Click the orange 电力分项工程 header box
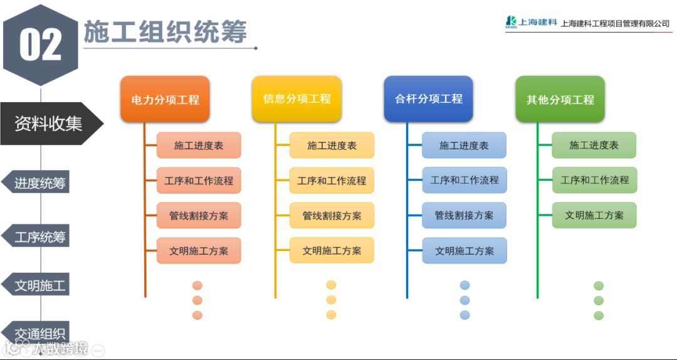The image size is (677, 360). coord(165,99)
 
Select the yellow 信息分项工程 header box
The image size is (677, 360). coord(297,99)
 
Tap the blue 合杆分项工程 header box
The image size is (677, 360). coord(428,99)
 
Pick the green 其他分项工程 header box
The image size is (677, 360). coord(560,99)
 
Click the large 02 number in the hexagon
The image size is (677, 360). coord(41,45)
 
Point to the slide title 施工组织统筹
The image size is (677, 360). coord(165,32)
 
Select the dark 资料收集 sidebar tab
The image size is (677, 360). coord(49,124)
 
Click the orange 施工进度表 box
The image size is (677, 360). coord(199,146)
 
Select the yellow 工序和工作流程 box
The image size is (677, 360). coord(332,181)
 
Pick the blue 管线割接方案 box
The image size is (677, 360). coord(464,216)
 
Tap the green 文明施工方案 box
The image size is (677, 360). coord(594,215)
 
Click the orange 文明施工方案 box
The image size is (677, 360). coord(199,251)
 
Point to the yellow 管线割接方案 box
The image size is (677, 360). coord(332,216)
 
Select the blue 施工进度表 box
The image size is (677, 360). coord(464,146)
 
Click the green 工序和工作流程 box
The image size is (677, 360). coord(594,180)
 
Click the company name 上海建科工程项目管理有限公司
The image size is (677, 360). coord(615,24)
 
